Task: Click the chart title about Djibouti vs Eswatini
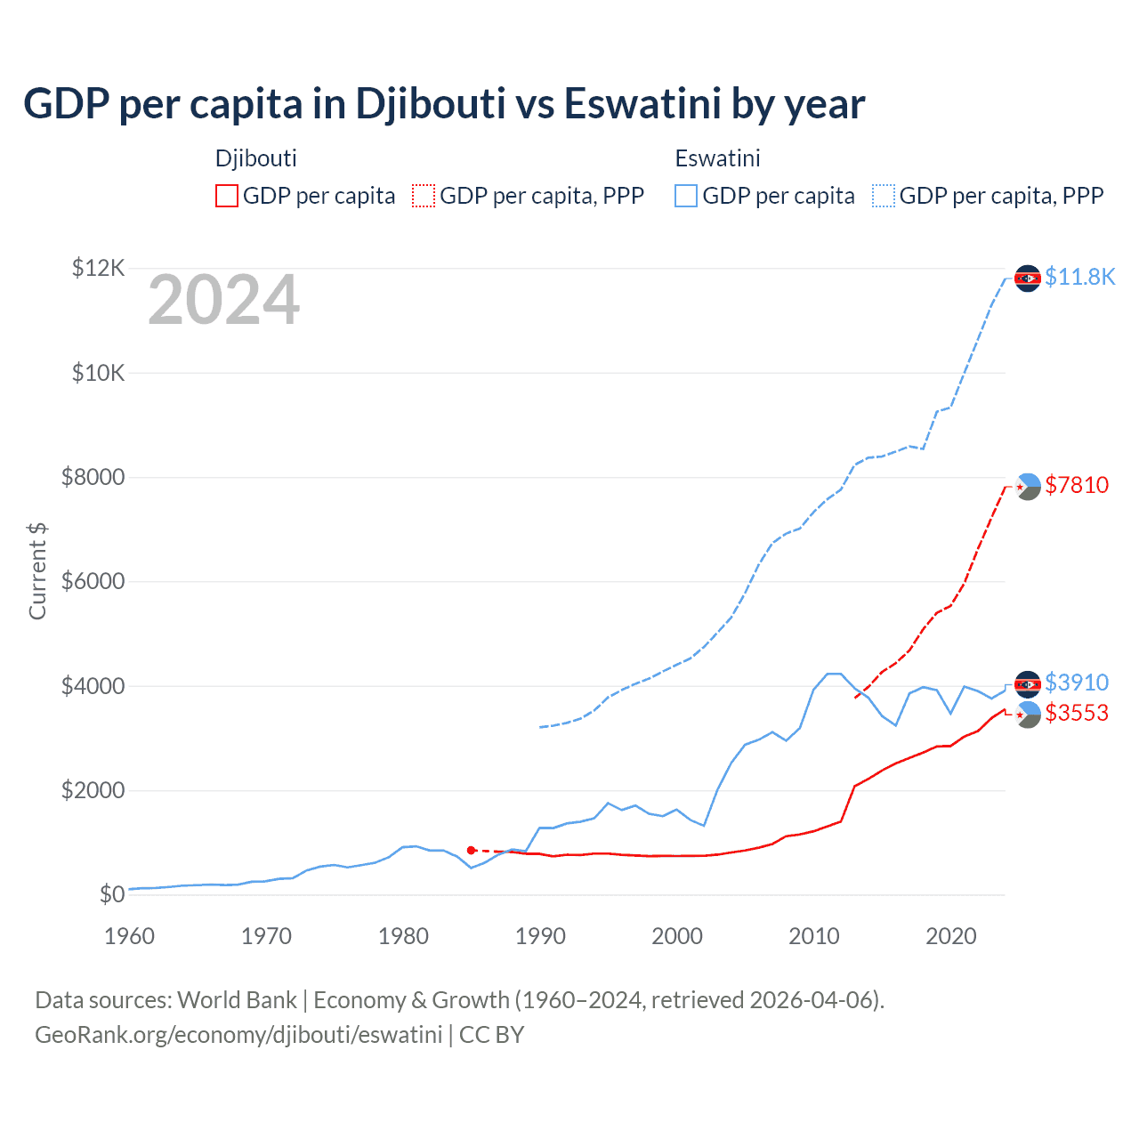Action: [443, 104]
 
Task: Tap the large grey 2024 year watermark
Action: [223, 301]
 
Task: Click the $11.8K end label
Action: [1079, 278]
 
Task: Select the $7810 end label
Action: [1077, 485]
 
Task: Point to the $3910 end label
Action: [1077, 683]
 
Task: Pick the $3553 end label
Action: [1077, 713]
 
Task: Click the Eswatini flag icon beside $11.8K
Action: [1028, 279]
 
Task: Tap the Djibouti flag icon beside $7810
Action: [1028, 486]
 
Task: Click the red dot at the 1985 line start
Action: [472, 851]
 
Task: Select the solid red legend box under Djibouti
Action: [227, 196]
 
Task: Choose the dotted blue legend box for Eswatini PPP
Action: [884, 196]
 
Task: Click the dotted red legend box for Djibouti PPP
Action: [424, 196]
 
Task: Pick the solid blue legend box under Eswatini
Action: [686, 196]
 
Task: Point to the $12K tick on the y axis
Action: [98, 268]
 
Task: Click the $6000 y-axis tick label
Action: [93, 582]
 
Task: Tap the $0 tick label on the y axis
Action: [111, 894]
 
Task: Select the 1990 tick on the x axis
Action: [540, 936]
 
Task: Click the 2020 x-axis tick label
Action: [951, 936]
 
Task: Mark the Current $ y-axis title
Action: [37, 570]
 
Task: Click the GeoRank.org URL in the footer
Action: [238, 1035]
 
